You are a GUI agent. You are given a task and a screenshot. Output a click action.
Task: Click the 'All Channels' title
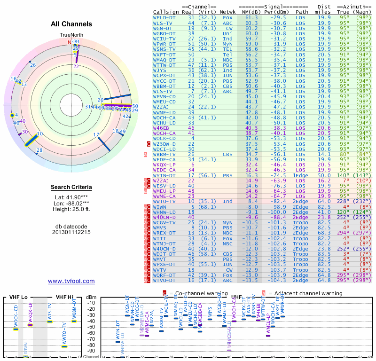(x=71, y=24)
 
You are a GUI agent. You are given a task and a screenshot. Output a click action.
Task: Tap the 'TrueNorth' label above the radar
(x=71, y=35)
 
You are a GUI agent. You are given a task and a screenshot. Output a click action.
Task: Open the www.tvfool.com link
(x=71, y=281)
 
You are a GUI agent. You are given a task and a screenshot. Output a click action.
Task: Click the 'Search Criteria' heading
(x=71, y=188)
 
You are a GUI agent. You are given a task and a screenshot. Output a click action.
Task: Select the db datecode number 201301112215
(x=71, y=232)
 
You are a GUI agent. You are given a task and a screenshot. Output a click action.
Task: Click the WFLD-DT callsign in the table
(x=164, y=17)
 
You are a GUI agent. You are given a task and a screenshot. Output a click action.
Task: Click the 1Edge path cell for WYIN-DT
(x=302, y=175)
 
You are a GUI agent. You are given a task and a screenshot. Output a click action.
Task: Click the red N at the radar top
(x=70, y=42)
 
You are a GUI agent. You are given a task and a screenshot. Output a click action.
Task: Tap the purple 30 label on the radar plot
(x=25, y=132)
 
